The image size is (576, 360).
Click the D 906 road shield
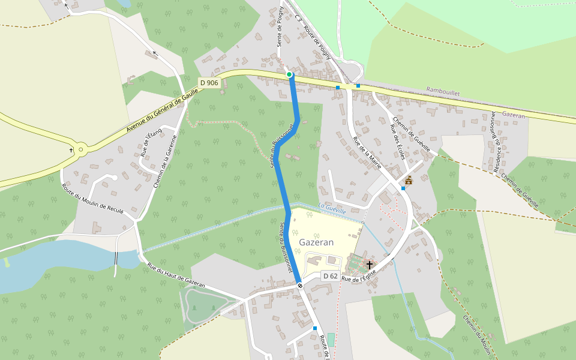click(209, 83)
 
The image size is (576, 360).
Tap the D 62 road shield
click(330, 276)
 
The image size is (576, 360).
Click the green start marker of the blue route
click(289, 74)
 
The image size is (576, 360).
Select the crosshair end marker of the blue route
click(299, 286)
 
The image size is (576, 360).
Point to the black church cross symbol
click(370, 265)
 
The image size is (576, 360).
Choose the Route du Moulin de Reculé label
click(92, 199)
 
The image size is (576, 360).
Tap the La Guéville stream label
click(332, 210)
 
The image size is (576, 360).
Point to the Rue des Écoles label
click(398, 142)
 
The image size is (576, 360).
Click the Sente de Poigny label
click(280, 27)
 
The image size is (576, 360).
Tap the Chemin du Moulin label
click(477, 336)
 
